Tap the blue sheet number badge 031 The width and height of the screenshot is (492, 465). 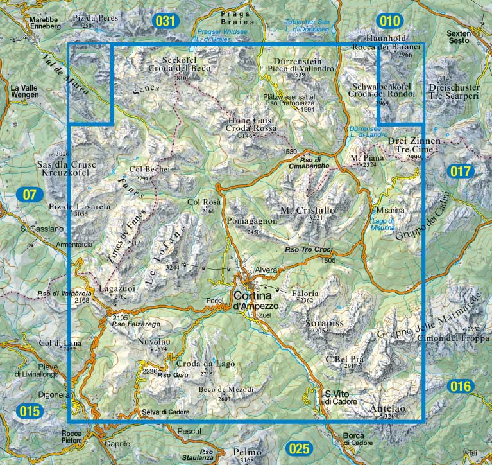[165, 21]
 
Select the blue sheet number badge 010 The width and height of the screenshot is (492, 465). [391, 21]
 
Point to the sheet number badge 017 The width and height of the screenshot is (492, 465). [461, 171]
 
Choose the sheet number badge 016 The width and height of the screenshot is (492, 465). [461, 387]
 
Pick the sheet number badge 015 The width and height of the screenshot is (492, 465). [30, 411]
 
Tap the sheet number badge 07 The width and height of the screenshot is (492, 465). [30, 194]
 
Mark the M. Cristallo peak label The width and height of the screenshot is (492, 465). [308, 211]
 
